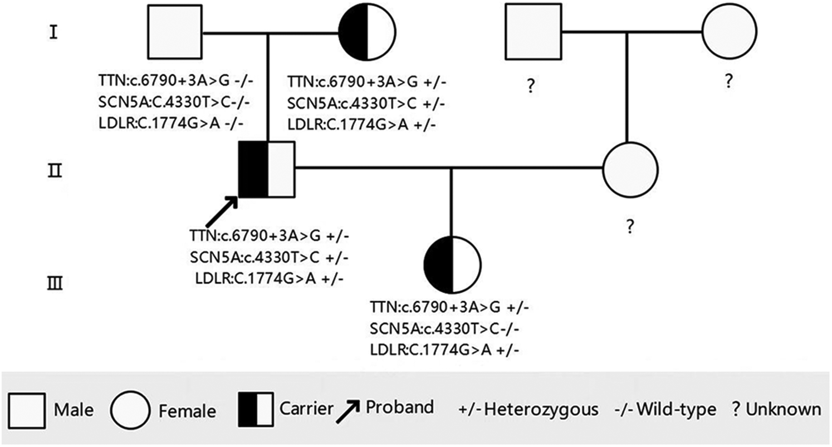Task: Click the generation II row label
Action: pos(54,169)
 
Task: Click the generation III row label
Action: pos(54,284)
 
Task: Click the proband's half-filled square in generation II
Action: pos(267,169)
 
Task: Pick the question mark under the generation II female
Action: pos(630,227)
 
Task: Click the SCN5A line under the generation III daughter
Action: pos(444,328)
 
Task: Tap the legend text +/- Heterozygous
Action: pos(528,410)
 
